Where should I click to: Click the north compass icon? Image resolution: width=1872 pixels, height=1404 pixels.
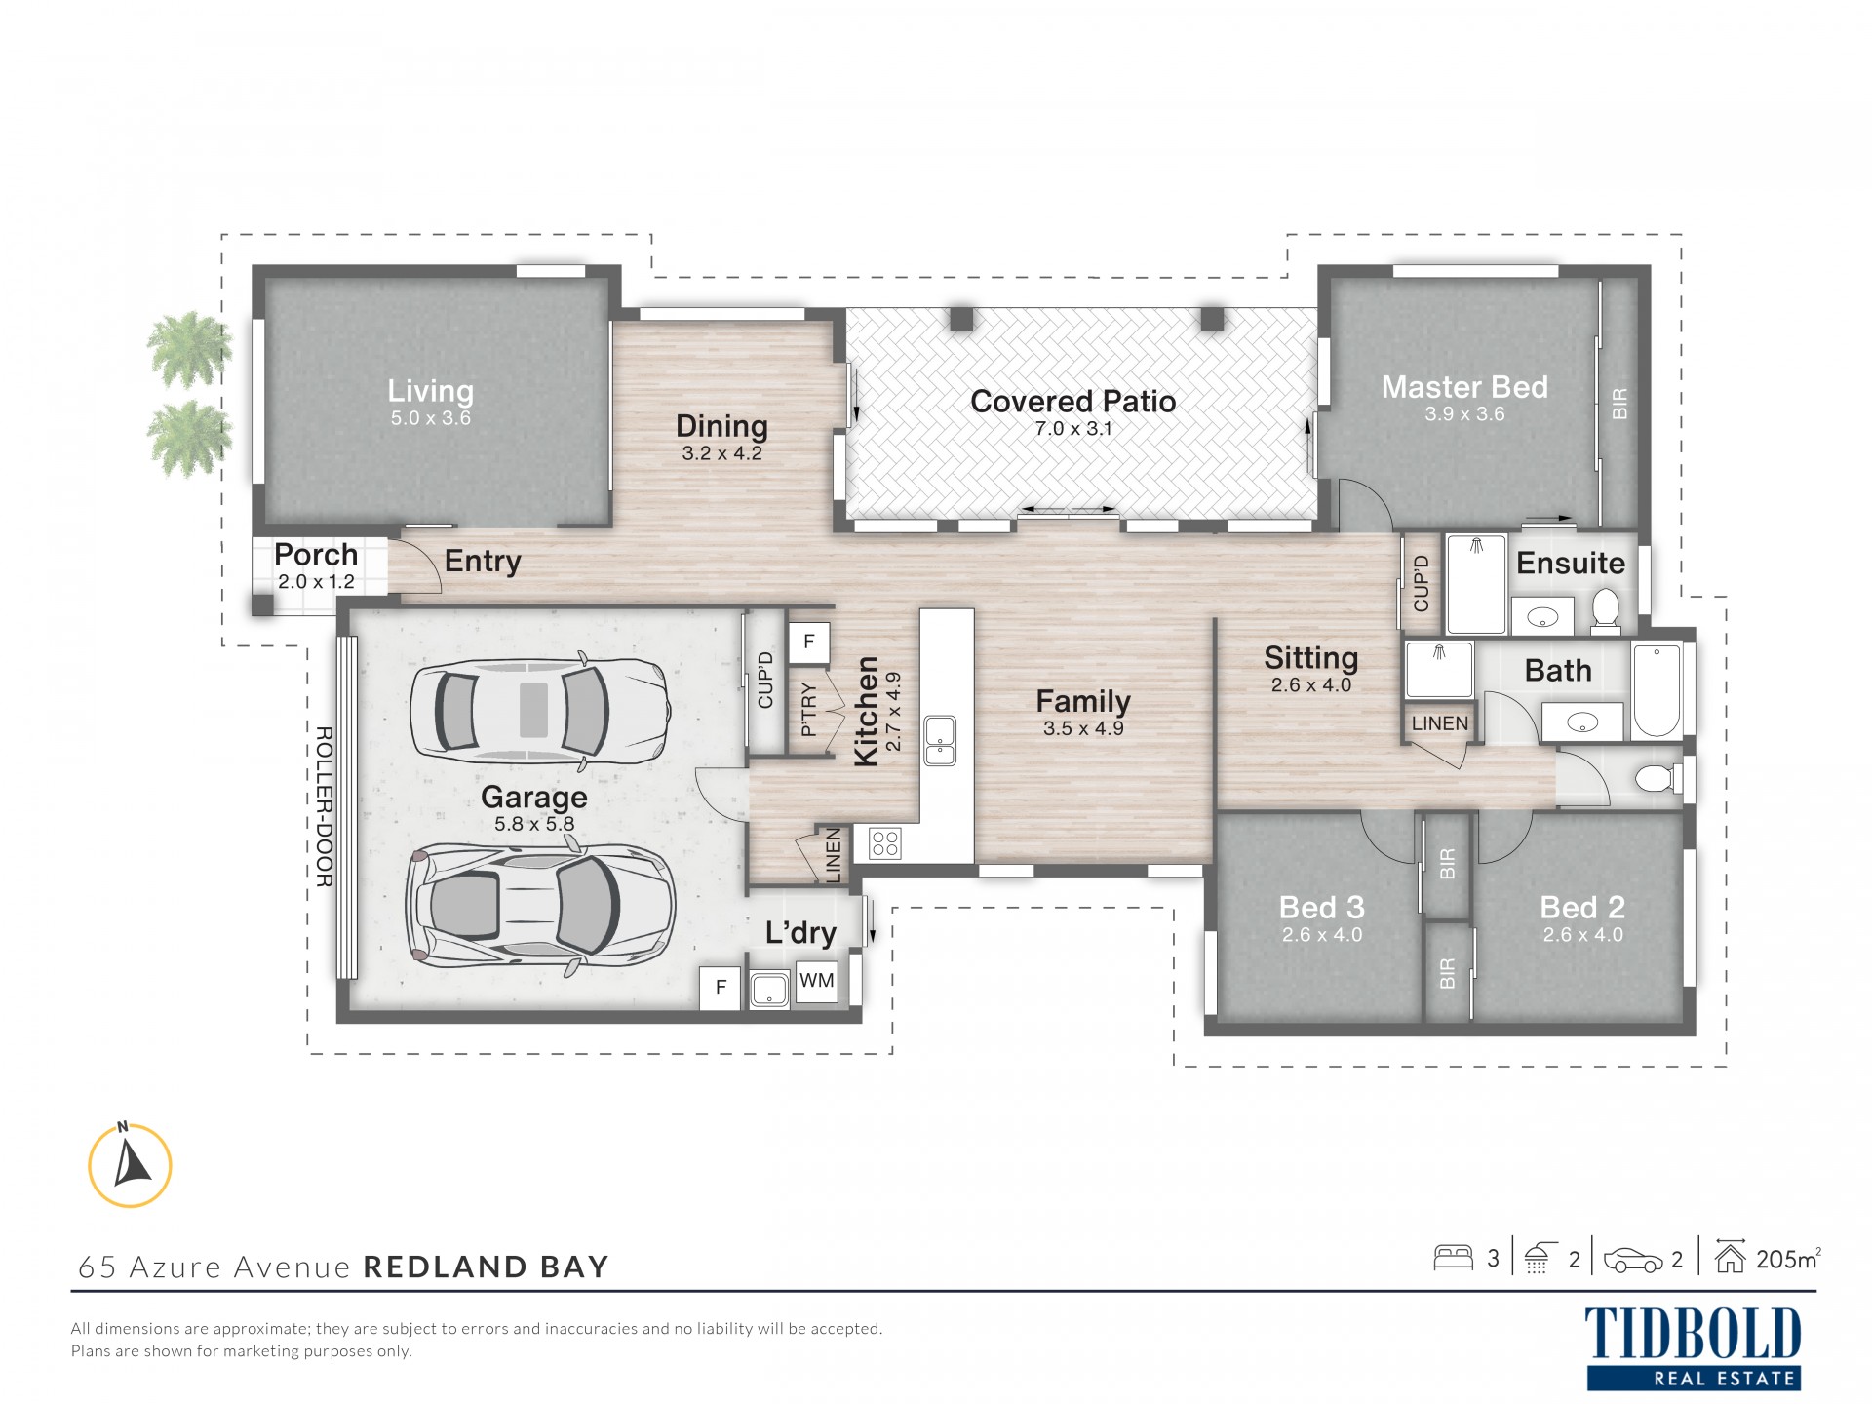130,1164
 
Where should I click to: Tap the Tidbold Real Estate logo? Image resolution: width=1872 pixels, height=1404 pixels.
1694,1348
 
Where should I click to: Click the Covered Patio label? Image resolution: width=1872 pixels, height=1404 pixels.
1072,401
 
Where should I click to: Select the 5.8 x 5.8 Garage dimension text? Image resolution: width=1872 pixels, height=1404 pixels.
534,824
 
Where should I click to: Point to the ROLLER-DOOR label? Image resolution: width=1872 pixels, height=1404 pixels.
325,806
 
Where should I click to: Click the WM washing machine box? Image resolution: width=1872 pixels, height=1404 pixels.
816,981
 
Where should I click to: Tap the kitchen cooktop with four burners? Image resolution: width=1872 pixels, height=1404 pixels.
884,842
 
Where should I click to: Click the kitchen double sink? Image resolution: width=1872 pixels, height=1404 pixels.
940,740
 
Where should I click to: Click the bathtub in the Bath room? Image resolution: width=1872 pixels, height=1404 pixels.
1657,689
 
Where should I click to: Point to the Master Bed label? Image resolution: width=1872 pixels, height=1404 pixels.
1464,387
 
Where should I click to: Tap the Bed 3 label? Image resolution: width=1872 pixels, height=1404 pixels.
1321,908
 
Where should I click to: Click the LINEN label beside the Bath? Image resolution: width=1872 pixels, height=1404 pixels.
1439,723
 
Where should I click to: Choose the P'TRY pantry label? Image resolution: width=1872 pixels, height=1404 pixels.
808,709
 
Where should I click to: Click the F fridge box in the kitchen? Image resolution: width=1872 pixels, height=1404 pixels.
808,643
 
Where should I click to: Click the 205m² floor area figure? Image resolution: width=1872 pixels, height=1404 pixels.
1788,1259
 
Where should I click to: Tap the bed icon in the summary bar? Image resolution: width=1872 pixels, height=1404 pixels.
1453,1258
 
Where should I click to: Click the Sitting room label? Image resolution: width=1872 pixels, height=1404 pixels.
1310,658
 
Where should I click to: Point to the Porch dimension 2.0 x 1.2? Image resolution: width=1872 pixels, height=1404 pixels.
316,582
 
